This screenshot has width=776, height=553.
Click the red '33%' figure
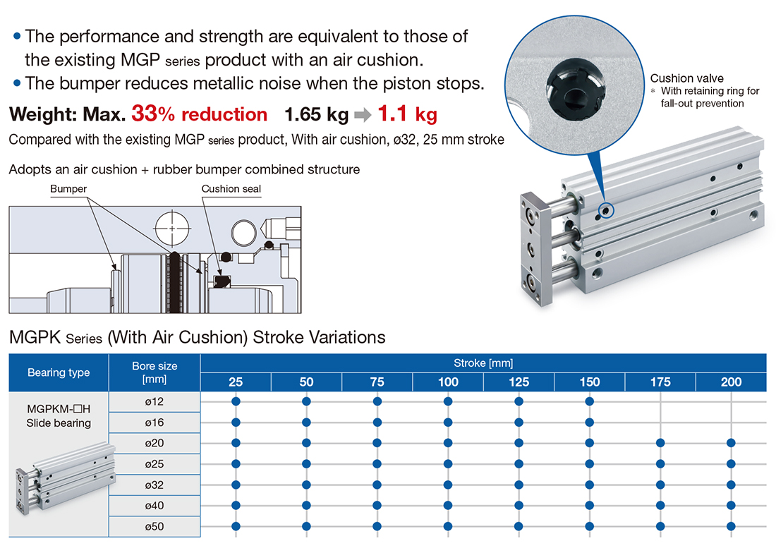[x=153, y=114]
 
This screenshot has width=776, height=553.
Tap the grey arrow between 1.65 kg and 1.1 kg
[x=363, y=115]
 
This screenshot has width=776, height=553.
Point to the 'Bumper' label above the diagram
[x=68, y=189]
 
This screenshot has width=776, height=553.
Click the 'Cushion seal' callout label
[x=231, y=189]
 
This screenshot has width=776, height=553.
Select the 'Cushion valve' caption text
[x=686, y=78]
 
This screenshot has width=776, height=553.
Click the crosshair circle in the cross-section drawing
[x=172, y=229]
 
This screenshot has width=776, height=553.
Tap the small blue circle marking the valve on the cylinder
[x=606, y=211]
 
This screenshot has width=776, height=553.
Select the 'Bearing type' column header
[x=59, y=372]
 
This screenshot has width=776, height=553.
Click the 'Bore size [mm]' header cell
[x=154, y=372]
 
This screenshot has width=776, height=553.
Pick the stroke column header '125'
[x=519, y=382]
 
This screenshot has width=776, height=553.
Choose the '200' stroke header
[x=731, y=382]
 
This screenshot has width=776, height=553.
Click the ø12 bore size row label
[x=154, y=401]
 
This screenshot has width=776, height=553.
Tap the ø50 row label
[x=154, y=527]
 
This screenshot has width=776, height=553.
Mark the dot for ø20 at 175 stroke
[x=660, y=443]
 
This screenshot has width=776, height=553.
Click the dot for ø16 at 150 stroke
[x=590, y=423]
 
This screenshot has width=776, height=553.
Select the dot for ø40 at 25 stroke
[x=236, y=506]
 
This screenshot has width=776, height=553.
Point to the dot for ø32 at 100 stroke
[x=448, y=485]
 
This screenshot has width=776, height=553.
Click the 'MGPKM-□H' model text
[x=59, y=409]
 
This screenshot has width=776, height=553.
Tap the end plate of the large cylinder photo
[x=535, y=249]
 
